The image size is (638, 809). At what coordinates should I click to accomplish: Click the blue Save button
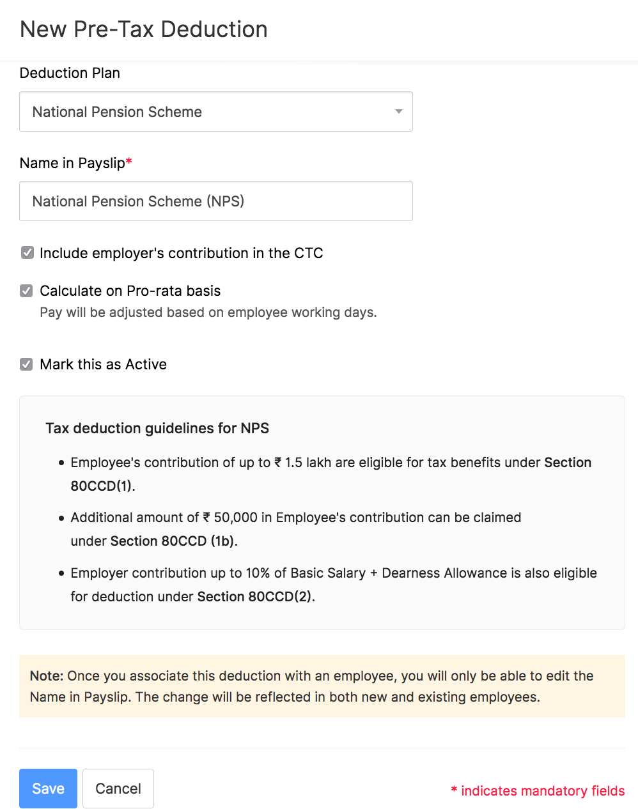(48, 789)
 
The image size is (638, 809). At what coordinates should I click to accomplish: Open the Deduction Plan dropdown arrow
(398, 112)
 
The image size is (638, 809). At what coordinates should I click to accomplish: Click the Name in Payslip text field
(215, 201)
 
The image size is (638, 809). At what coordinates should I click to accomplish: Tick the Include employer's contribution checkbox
(27, 253)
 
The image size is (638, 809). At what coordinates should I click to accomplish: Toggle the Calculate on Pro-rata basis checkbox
(27, 291)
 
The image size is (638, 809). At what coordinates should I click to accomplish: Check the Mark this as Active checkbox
(27, 364)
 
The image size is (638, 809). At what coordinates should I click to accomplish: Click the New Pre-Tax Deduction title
(144, 29)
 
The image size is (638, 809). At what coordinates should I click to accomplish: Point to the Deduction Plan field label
(70, 73)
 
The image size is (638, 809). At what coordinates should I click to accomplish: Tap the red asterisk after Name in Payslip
(129, 162)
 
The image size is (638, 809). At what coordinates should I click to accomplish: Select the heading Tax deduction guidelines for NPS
(157, 428)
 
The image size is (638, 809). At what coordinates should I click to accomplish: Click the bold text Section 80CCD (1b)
(173, 541)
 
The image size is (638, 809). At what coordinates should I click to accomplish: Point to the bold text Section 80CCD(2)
(256, 597)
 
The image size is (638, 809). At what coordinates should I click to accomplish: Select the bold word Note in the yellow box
(46, 676)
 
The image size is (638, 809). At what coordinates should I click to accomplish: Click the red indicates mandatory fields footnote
(538, 791)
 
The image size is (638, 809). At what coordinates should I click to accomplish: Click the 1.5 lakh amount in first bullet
(307, 463)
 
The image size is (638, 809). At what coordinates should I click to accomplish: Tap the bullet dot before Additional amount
(61, 518)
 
